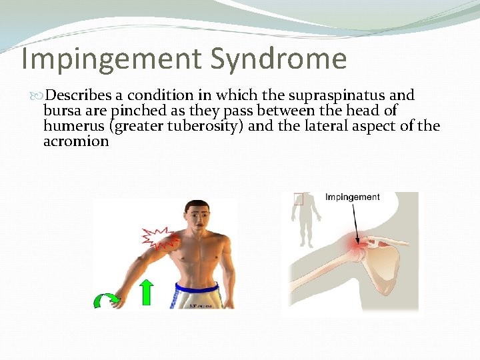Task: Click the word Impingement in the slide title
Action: click(111, 59)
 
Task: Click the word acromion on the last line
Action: click(76, 141)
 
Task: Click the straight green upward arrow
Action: click(147, 293)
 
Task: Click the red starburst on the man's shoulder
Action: click(158, 237)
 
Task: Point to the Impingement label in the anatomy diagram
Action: click(353, 197)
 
